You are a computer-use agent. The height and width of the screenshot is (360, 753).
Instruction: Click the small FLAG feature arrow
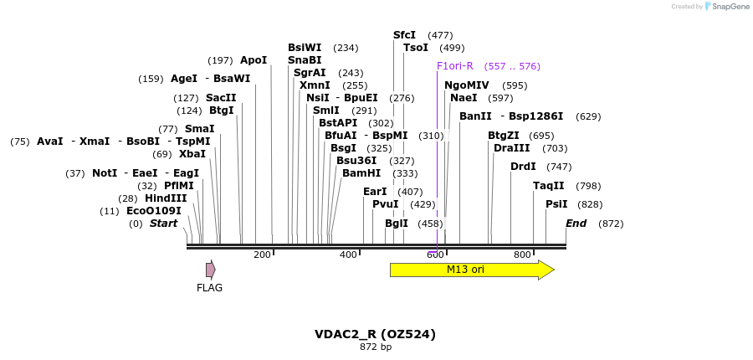click(211, 270)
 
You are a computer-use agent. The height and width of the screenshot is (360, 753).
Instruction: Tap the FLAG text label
click(209, 288)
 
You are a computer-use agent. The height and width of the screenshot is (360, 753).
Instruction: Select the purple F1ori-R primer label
click(455, 66)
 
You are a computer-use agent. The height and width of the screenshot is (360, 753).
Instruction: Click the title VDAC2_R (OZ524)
click(375, 334)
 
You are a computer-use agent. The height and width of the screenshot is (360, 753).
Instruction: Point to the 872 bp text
click(376, 347)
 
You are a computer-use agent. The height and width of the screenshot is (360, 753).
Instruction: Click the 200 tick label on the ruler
click(262, 255)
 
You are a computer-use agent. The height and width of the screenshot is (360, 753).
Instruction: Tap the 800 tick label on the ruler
click(522, 255)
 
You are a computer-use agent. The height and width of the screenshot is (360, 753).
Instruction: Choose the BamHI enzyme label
click(361, 173)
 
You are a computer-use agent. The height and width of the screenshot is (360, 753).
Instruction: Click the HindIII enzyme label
click(166, 198)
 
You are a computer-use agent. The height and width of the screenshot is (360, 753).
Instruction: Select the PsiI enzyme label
click(556, 204)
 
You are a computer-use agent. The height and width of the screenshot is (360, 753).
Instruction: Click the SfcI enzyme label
click(404, 35)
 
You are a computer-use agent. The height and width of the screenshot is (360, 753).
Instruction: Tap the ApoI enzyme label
click(254, 60)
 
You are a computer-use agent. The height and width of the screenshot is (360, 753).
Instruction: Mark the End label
click(576, 224)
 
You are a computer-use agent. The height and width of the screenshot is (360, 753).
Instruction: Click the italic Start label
click(164, 224)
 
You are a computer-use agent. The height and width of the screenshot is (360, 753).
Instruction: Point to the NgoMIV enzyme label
click(467, 85)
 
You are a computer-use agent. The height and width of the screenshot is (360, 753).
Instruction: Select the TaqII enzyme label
click(549, 186)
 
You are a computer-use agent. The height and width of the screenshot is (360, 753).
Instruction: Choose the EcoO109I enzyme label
click(154, 211)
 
